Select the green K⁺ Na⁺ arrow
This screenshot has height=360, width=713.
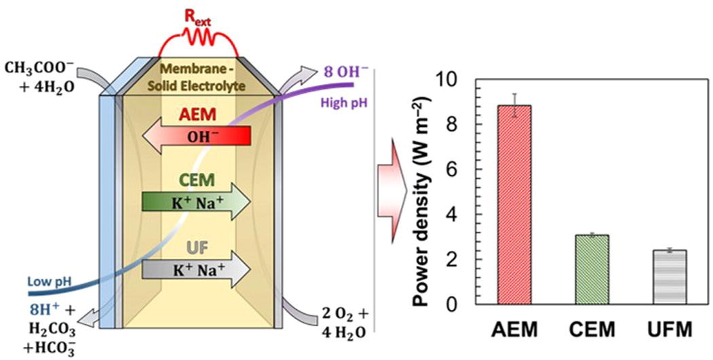pyautogui.click(x=197, y=202)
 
